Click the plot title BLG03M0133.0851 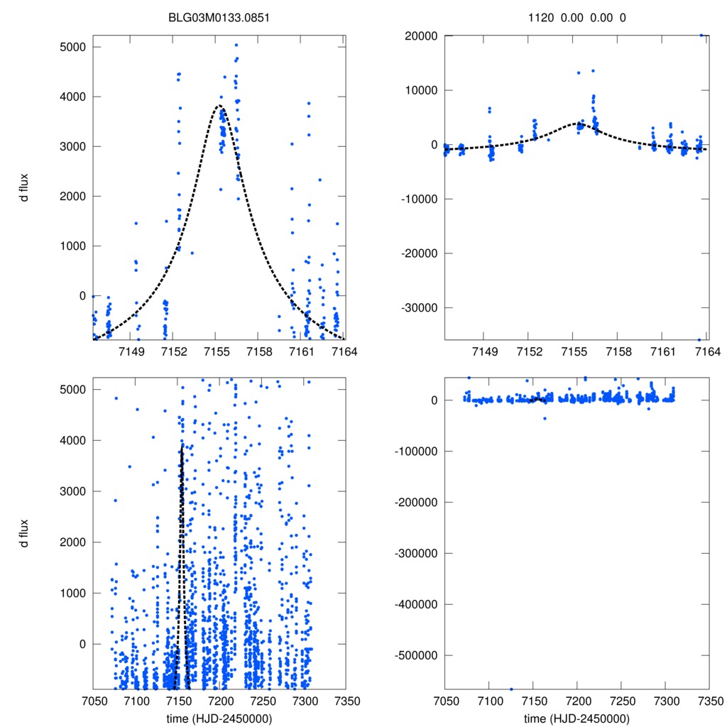[219, 17]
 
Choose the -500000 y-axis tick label [416, 655]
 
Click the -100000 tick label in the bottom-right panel [416, 452]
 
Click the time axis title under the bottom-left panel [219, 718]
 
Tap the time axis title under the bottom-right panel [576, 718]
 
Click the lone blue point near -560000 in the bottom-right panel [511, 689]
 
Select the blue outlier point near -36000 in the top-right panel [699, 339]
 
